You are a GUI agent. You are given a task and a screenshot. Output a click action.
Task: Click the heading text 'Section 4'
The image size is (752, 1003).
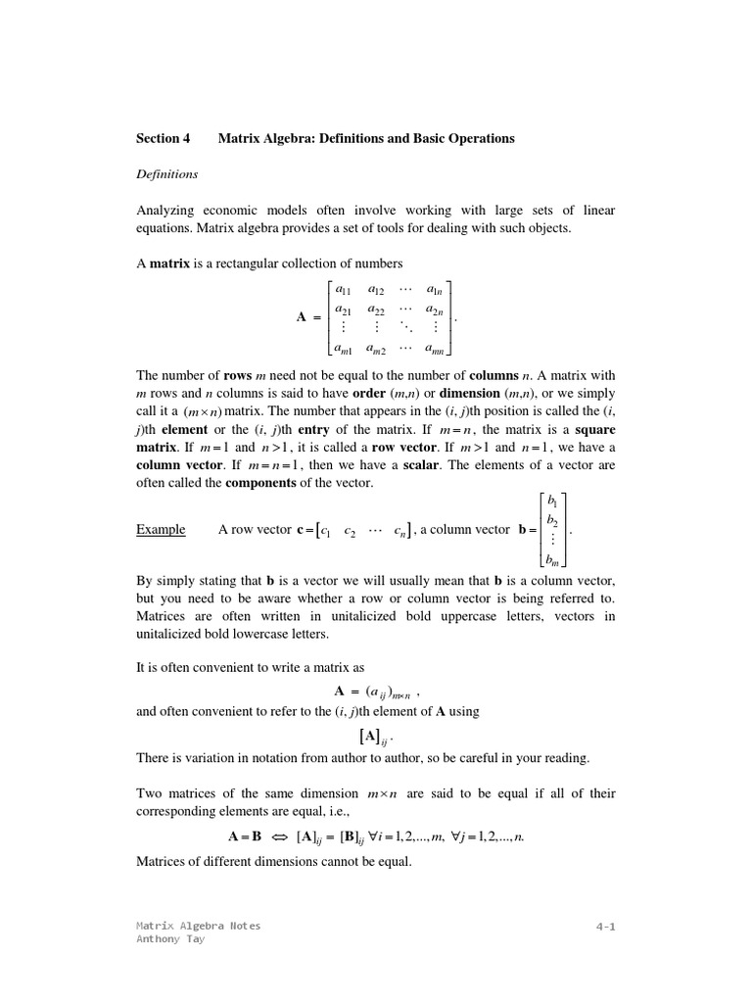(x=163, y=138)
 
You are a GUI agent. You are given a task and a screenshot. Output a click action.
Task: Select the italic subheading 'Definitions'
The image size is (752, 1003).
(x=166, y=174)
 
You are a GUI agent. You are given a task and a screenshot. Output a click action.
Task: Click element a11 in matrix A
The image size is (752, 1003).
(x=343, y=290)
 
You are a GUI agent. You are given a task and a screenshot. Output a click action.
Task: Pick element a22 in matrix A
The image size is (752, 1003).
(x=375, y=310)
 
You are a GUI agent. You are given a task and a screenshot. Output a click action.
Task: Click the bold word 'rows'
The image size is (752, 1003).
(x=238, y=376)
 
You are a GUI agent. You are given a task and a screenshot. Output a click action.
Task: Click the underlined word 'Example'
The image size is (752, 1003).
(x=161, y=530)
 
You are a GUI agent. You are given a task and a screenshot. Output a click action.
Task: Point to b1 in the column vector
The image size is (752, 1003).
(x=553, y=501)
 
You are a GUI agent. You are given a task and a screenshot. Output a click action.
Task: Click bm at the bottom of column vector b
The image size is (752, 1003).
(x=553, y=560)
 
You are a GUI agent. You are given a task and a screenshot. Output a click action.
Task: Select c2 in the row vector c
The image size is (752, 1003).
(x=351, y=532)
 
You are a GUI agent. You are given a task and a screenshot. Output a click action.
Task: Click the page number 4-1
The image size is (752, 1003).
(x=605, y=926)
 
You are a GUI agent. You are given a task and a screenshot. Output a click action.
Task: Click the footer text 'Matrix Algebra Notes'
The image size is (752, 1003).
(x=198, y=926)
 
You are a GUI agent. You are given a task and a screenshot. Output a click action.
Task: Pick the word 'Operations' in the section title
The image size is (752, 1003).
(x=480, y=138)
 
